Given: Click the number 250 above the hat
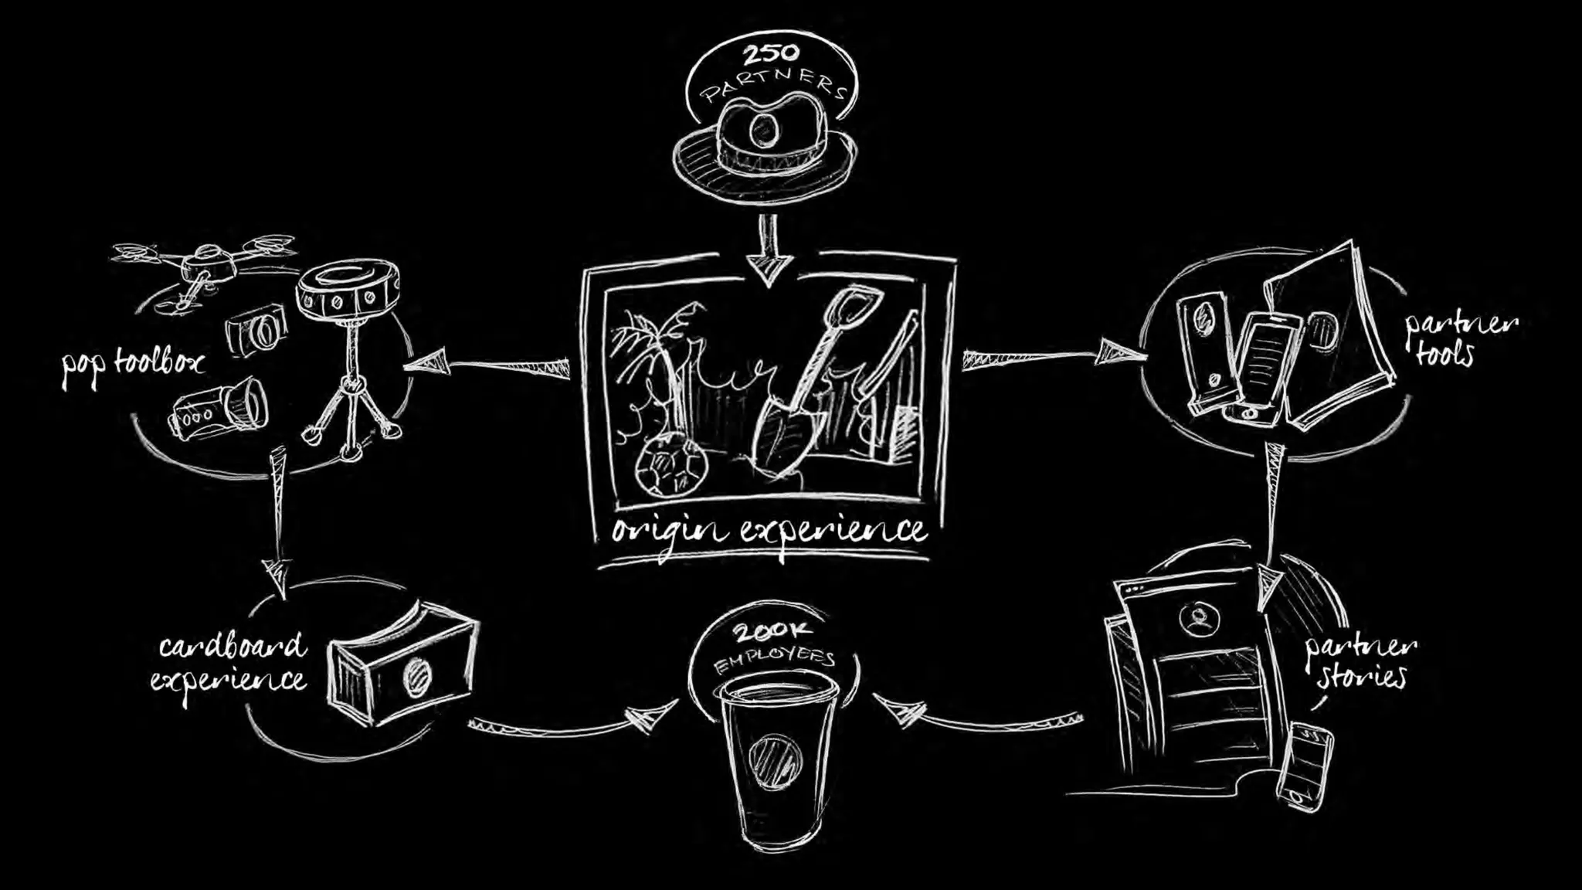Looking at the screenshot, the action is point(770,55).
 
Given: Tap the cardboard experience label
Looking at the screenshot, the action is point(230,663).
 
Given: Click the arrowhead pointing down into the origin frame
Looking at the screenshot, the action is point(768,270).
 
